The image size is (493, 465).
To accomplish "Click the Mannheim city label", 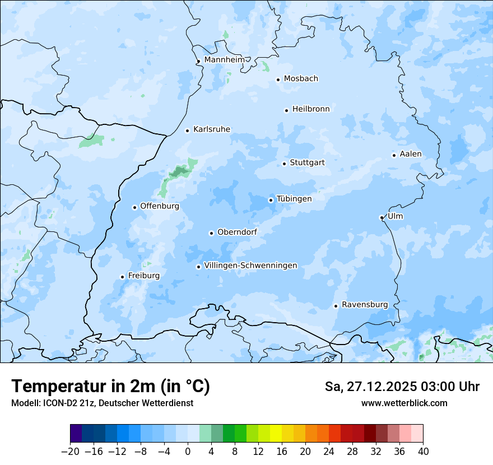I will (225, 60).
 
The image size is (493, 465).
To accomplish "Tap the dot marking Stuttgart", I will (285, 164).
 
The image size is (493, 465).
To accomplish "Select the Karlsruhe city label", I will (212, 129).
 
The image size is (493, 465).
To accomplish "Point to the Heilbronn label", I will (311, 109).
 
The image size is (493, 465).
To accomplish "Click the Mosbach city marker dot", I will (278, 80).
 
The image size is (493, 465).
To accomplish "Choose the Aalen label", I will (411, 154).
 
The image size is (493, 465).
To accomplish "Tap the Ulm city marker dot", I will (382, 217).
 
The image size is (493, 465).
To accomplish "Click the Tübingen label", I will (294, 199).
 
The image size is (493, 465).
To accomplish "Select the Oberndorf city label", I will (237, 232).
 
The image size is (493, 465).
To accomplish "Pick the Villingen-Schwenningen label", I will (250, 266).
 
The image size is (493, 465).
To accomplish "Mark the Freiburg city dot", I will (122, 277).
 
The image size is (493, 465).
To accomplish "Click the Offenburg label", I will (160, 206).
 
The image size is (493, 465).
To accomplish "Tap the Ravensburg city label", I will (365, 305).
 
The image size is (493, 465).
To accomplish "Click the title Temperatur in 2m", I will (110, 387).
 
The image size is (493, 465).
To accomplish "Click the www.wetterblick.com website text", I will (404, 403).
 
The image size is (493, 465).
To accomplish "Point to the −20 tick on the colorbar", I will (70, 452).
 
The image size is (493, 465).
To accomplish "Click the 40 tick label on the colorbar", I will (423, 452).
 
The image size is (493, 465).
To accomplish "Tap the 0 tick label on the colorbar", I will (188, 452).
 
